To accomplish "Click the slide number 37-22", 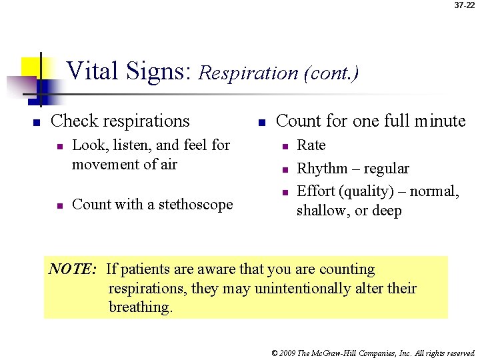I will pos(464,5).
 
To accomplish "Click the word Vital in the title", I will pos(89,70).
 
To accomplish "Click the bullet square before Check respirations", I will pos(37,123).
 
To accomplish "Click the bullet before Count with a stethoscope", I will pos(60,206).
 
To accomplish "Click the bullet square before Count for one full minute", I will pos(263,123).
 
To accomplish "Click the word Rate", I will pos(311,145).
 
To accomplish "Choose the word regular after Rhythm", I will pos(385,169).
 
